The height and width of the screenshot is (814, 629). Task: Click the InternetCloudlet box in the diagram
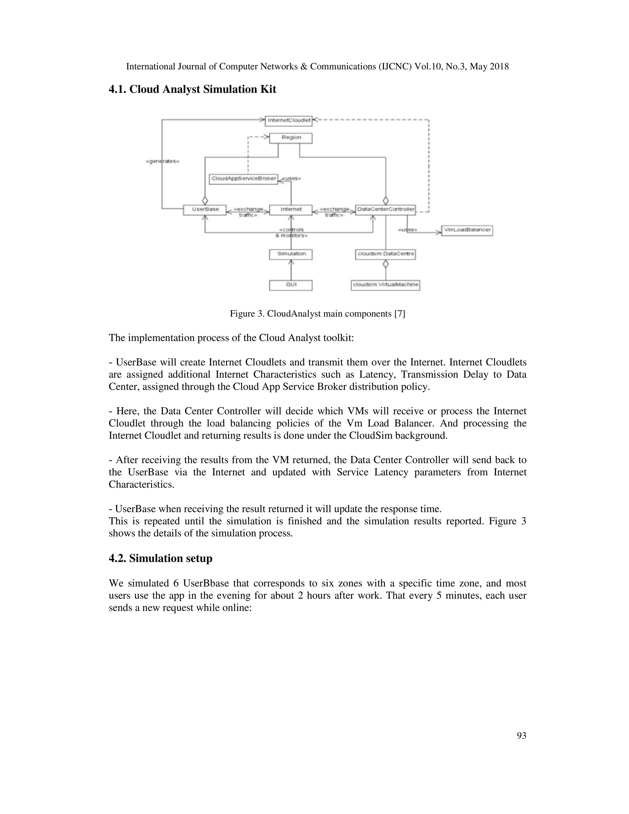289,120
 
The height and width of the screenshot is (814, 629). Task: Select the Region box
291,138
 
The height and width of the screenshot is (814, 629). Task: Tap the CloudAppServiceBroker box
244,178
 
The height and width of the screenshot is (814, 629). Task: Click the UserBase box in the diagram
205,209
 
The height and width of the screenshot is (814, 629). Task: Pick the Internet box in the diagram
291,209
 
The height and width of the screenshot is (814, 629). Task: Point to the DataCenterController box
385,209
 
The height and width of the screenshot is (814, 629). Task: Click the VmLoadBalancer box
467,230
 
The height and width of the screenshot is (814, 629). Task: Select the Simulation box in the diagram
291,254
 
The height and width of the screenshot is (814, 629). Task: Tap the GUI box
291,285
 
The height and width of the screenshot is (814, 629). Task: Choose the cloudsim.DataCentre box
385,254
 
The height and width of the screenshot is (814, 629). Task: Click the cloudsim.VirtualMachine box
385,285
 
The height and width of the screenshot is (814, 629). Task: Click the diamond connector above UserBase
205,200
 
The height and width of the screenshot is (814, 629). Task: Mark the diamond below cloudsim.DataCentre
386,264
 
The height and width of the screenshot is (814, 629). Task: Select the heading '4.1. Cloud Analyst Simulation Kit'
192,89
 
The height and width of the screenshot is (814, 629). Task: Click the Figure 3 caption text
317,314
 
